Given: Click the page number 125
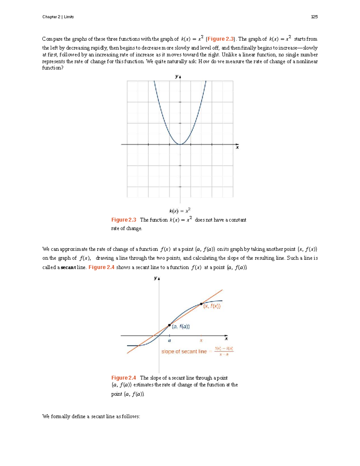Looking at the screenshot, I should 314,17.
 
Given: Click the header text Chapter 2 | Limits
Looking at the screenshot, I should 58,17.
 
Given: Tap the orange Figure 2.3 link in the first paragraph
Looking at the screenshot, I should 220,39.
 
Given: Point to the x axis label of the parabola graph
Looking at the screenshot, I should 237,147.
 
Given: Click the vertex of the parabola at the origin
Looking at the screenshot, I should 180,144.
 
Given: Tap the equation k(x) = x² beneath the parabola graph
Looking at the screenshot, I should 180,211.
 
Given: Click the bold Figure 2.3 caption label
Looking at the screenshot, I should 124,220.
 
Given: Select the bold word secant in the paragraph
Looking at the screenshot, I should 68,267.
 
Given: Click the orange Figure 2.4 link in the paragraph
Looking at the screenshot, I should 101,267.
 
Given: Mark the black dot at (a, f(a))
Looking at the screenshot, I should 169,325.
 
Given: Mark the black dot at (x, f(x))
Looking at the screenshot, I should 201,304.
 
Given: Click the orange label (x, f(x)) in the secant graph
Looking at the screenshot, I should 212,306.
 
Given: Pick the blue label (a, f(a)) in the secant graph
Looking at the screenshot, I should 181,327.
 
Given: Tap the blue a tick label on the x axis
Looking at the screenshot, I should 169,341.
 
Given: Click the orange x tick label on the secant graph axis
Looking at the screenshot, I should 201,341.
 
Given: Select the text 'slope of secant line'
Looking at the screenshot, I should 184,351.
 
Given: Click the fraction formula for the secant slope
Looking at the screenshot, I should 224,351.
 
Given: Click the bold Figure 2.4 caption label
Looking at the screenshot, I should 124,378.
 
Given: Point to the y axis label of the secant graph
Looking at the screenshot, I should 156,278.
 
